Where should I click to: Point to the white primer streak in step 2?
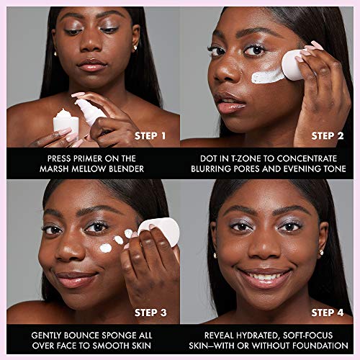[x=268, y=74]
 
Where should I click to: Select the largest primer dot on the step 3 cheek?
[x=106, y=248]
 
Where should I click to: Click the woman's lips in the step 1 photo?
[x=92, y=66]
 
